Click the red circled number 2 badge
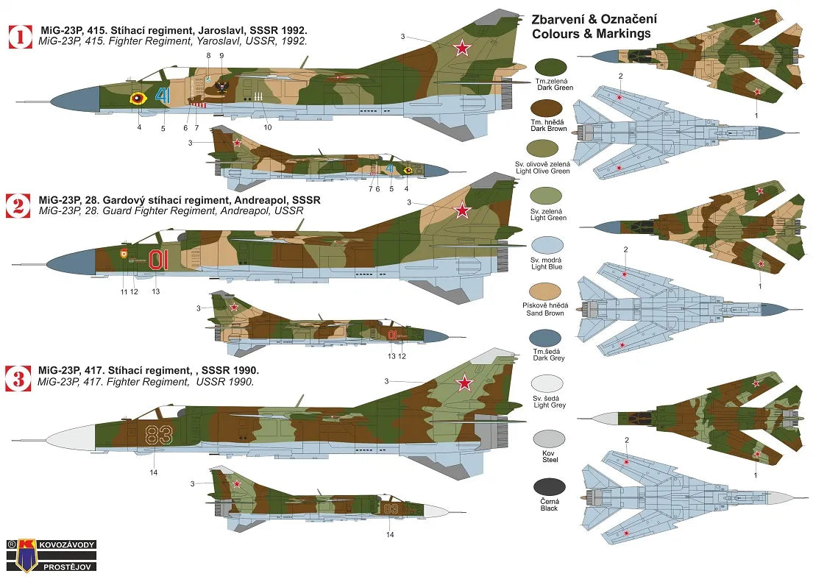click(x=19, y=205)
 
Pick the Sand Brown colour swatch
click(x=550, y=291)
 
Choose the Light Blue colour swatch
click(x=550, y=246)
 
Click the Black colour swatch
click(x=550, y=487)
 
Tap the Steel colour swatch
click(x=550, y=439)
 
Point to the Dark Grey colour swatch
click(x=550, y=338)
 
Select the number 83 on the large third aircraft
click(x=157, y=434)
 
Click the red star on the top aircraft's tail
click(x=461, y=49)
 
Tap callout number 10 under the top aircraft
click(x=268, y=127)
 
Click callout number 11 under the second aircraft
click(x=124, y=292)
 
